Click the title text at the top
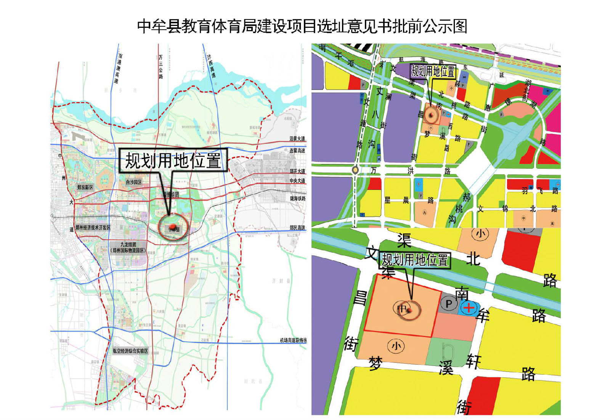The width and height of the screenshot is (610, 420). coord(302,26)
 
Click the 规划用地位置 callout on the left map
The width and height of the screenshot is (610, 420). coord(173,160)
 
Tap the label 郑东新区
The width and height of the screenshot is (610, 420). coord(85,187)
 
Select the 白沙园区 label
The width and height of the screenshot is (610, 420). coord(134,182)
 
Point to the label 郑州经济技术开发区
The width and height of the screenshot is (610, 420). coord(93,228)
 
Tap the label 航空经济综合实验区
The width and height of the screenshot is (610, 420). coord(130,351)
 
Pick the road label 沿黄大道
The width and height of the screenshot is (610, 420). coord(297,139)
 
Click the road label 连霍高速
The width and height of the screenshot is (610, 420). coord(297,151)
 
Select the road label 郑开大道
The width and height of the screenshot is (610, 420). coord(297,171)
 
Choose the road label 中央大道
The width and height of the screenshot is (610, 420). coord(297,180)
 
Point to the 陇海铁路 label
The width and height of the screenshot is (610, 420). coord(297,199)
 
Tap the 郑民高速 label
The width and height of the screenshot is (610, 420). coord(297,228)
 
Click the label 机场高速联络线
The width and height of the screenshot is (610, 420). coord(293,340)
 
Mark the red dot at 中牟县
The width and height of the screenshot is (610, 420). coord(173,227)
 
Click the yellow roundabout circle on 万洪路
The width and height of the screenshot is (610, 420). coord(355,170)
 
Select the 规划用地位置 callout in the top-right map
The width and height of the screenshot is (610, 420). coord(433,71)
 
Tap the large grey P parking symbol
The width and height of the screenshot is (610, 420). coord(449,304)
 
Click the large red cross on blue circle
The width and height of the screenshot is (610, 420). coord(469,307)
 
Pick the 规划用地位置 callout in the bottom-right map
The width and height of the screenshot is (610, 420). coord(415,260)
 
